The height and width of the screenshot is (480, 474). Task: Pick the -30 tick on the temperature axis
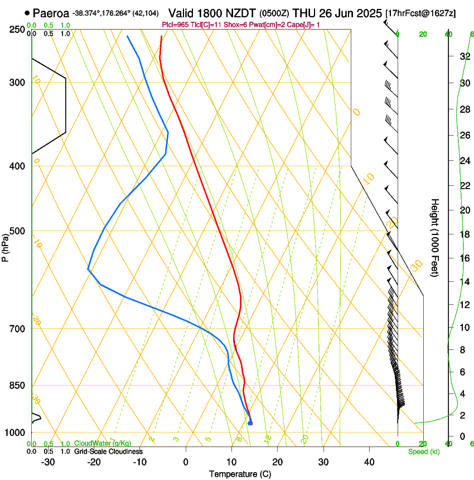[48, 462]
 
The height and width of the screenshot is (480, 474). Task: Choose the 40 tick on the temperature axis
[369, 462]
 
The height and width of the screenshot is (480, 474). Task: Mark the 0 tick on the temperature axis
[186, 462]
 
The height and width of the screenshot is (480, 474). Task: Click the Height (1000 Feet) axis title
[435, 237]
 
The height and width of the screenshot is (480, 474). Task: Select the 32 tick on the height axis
[463, 56]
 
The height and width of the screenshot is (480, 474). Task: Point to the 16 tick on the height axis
[463, 258]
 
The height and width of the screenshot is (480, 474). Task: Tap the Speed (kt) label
[423, 452]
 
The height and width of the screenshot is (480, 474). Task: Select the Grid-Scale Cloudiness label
[108, 452]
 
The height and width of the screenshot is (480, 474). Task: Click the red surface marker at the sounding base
[250, 423]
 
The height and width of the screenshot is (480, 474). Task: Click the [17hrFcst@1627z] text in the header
[420, 13]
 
